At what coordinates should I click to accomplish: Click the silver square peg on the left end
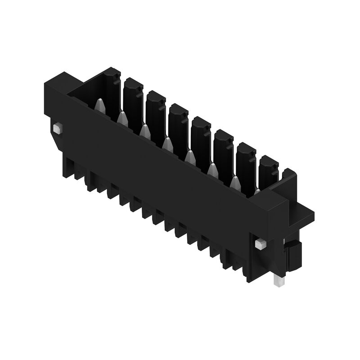[56, 129]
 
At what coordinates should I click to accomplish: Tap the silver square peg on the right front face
[260, 244]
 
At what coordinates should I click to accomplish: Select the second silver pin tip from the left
[122, 118]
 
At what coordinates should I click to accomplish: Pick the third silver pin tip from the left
[144, 131]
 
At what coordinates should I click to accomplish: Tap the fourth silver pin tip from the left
[167, 144]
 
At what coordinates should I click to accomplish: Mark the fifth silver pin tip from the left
[190, 157]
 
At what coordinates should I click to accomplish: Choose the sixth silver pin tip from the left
[212, 170]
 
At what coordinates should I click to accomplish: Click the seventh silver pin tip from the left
[234, 182]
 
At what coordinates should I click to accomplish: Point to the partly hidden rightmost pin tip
[256, 191]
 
